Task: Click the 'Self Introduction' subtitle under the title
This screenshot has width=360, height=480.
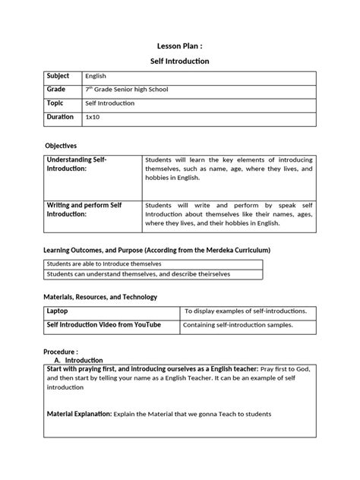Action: click(179, 61)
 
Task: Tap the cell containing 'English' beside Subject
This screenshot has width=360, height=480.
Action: click(96, 77)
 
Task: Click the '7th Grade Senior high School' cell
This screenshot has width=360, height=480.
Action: click(126, 90)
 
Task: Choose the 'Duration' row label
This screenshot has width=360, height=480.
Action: click(60, 118)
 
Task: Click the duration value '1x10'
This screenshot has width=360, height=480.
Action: click(92, 118)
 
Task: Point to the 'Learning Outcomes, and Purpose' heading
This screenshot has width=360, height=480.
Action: click(156, 251)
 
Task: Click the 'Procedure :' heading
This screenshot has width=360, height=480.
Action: click(62, 352)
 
